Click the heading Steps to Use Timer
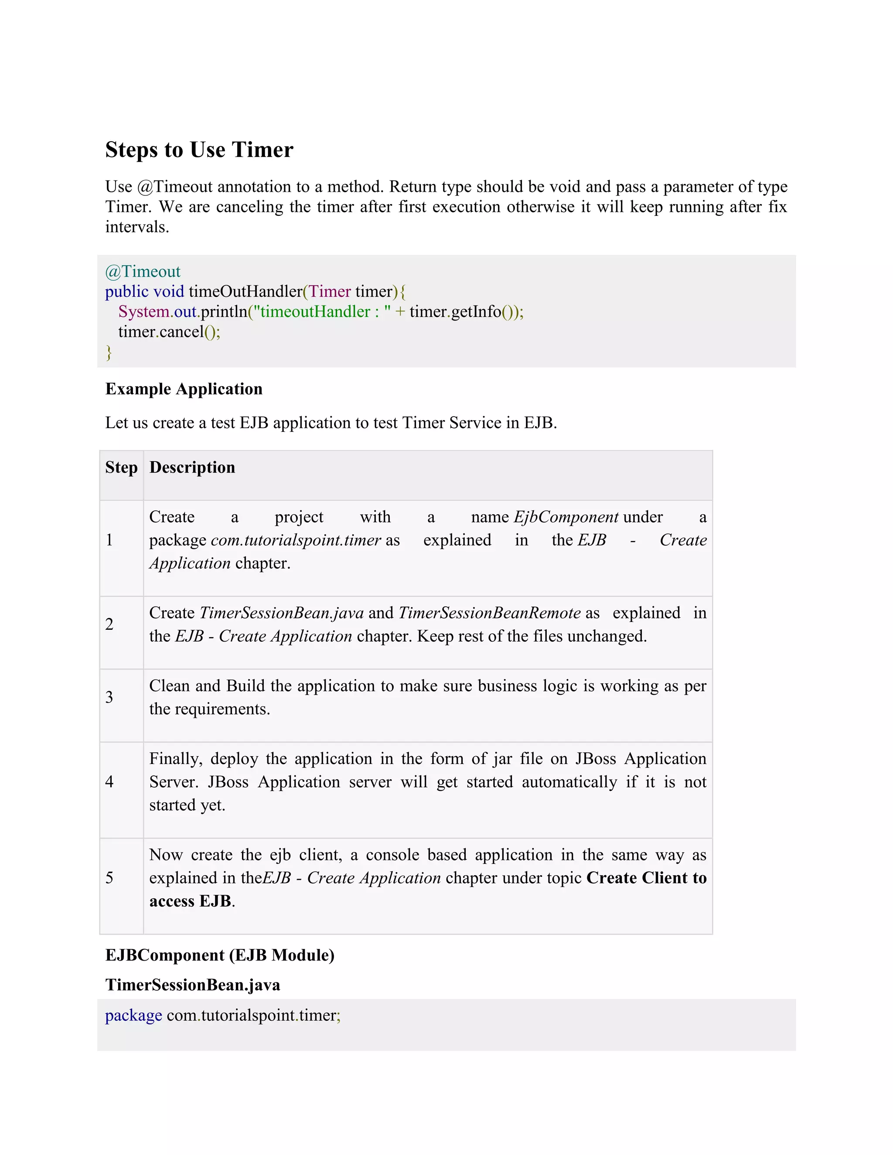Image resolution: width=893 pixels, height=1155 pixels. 199,149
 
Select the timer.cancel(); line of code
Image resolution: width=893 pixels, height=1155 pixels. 169,332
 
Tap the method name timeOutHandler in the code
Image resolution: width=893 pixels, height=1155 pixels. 245,292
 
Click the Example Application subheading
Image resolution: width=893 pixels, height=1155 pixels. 184,389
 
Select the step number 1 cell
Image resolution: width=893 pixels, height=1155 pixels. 109,540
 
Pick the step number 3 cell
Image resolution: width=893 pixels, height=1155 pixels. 109,696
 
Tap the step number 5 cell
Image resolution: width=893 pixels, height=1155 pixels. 109,877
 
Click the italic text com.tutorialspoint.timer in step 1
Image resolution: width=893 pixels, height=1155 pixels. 296,540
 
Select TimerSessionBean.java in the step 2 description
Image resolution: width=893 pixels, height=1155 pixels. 281,612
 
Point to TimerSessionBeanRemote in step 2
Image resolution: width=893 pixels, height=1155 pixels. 489,612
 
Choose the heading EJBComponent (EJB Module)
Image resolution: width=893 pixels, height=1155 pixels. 220,955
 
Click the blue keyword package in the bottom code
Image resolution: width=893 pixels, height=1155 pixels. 133,1016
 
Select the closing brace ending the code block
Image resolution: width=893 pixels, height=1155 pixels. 109,352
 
